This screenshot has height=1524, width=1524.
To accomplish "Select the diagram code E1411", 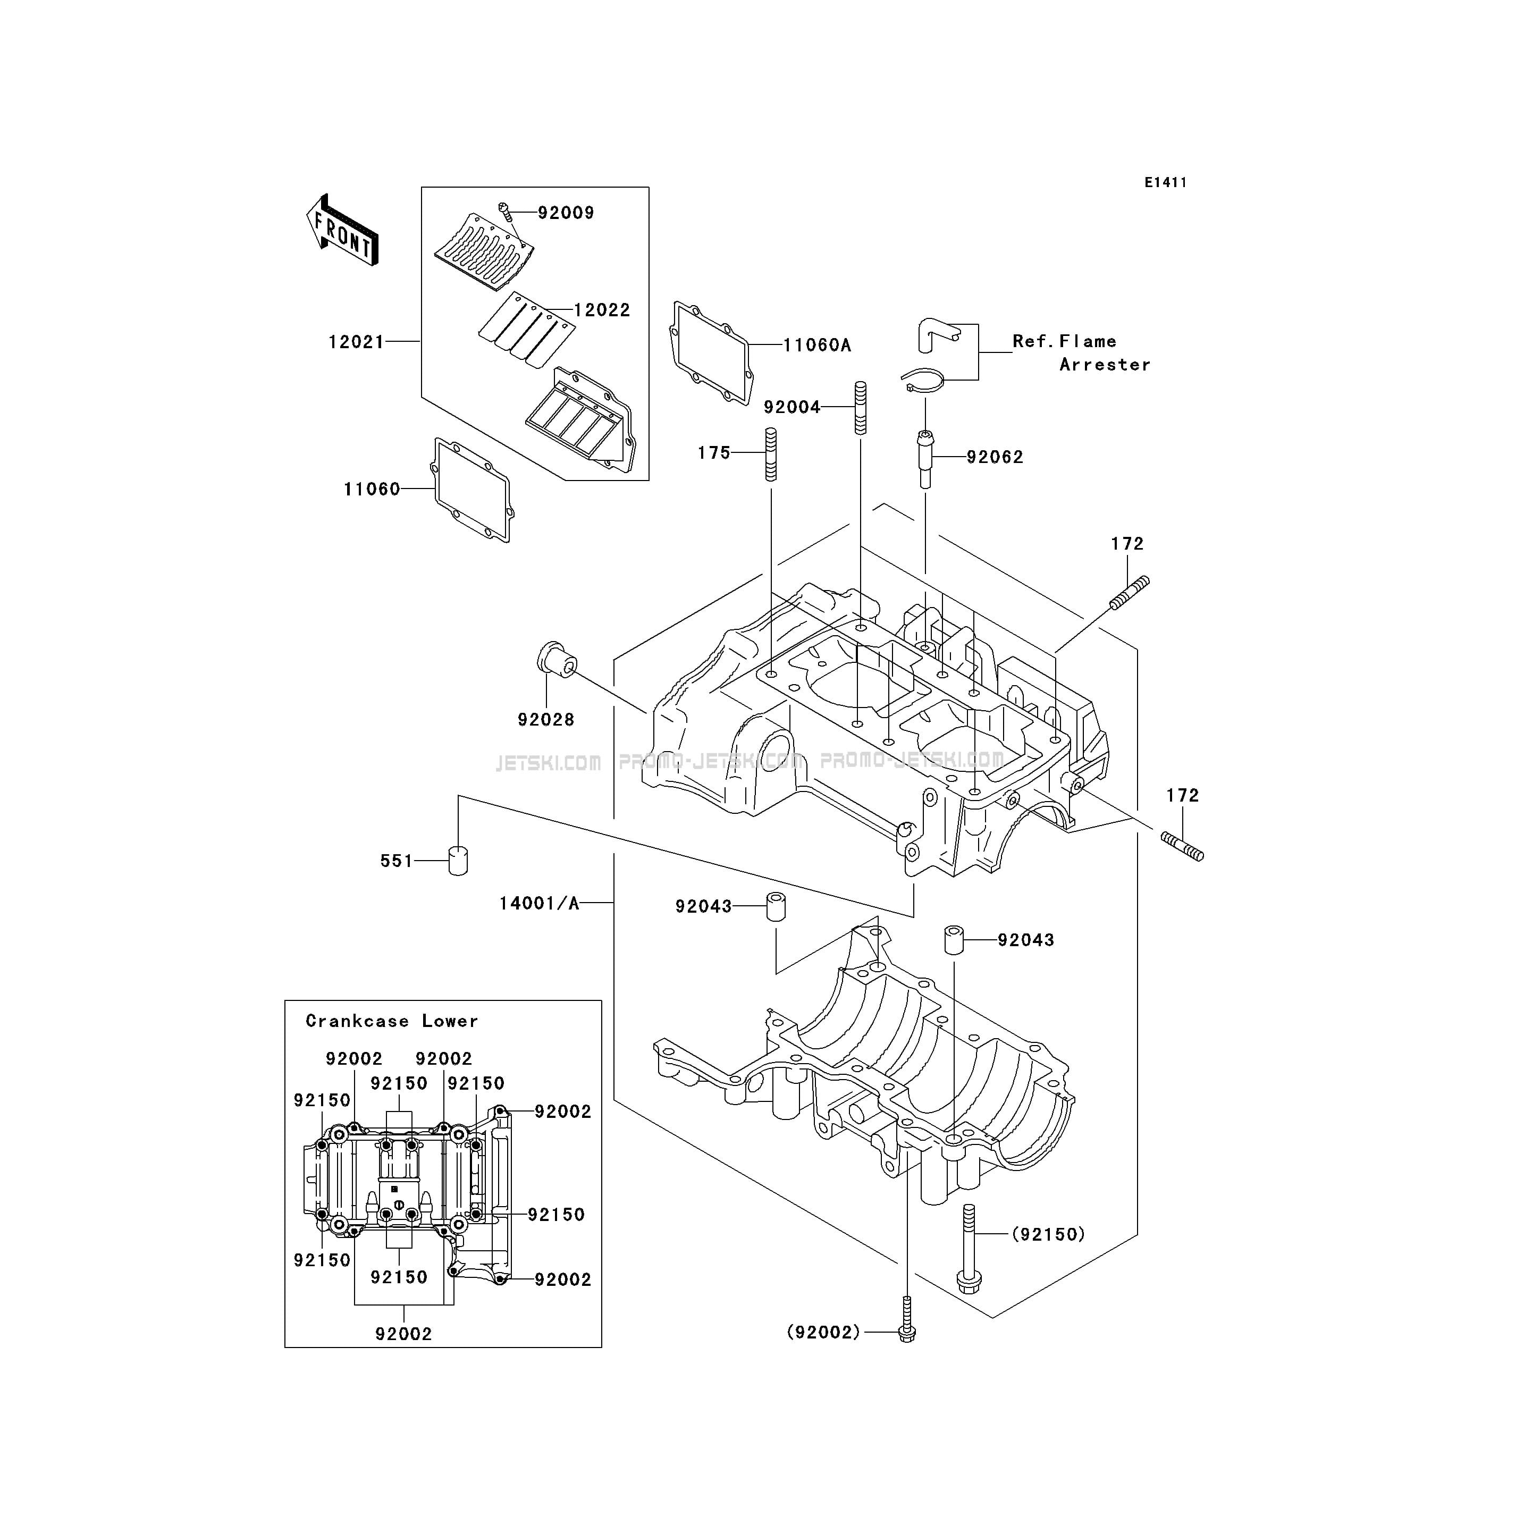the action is (1166, 182).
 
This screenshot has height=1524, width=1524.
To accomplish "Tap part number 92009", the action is (566, 213).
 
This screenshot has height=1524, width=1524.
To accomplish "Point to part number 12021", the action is (357, 342).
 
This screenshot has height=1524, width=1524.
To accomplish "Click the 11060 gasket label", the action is (372, 489).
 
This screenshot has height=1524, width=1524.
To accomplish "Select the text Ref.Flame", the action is (1065, 341).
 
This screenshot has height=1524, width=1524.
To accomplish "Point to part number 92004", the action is (792, 407).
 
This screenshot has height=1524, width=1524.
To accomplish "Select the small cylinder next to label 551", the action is (458, 860).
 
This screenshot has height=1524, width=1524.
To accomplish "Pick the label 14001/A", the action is (540, 903).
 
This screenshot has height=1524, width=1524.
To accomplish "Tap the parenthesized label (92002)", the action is (823, 1332).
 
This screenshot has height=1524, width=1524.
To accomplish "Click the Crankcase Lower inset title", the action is (392, 1021).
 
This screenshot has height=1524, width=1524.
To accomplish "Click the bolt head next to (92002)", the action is (907, 1334).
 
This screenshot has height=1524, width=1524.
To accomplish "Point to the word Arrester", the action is (1105, 365).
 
